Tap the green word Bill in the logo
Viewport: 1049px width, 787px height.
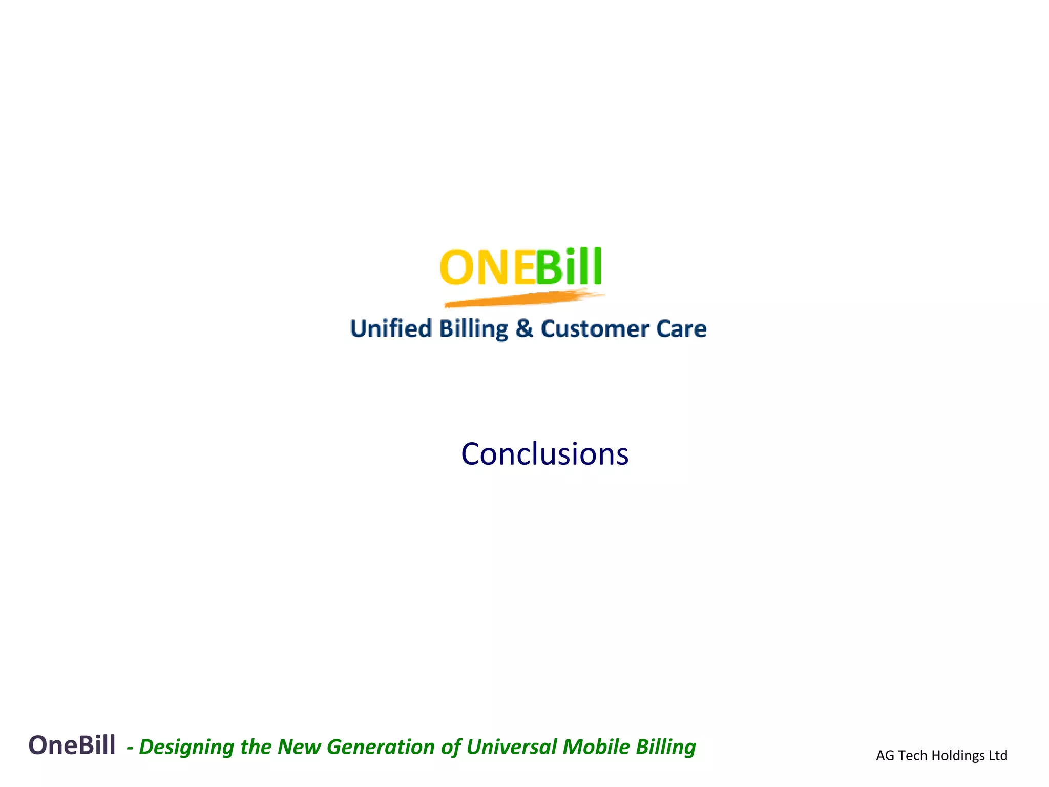[569, 267]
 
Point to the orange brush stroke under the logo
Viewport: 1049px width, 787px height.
[522, 299]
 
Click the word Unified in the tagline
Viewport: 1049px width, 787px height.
[391, 328]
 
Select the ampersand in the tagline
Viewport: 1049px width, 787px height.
[524, 328]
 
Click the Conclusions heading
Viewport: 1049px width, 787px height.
[544, 454]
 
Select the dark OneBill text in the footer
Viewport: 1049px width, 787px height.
[72, 745]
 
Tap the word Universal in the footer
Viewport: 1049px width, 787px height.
[511, 747]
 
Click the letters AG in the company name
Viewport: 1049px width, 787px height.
[885, 755]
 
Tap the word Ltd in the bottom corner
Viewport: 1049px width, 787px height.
[998, 755]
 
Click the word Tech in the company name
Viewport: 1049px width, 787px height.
[913, 755]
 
